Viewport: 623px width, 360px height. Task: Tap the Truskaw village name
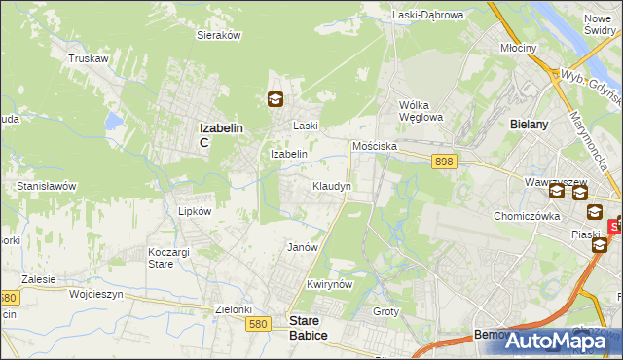pyautogui.click(x=87, y=58)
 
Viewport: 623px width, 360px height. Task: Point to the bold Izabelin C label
pyautogui.click(x=220, y=133)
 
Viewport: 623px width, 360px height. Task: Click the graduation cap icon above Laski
pyautogui.click(x=275, y=98)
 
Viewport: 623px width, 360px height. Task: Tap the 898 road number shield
pyautogui.click(x=446, y=162)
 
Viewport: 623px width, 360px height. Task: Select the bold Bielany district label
pyautogui.click(x=530, y=125)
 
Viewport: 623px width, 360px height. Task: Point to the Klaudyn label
pyautogui.click(x=331, y=185)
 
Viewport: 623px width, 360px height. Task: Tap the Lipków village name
pyautogui.click(x=195, y=210)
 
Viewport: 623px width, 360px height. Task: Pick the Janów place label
pyautogui.click(x=303, y=247)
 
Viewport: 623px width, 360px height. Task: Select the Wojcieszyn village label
pyautogui.click(x=99, y=292)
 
